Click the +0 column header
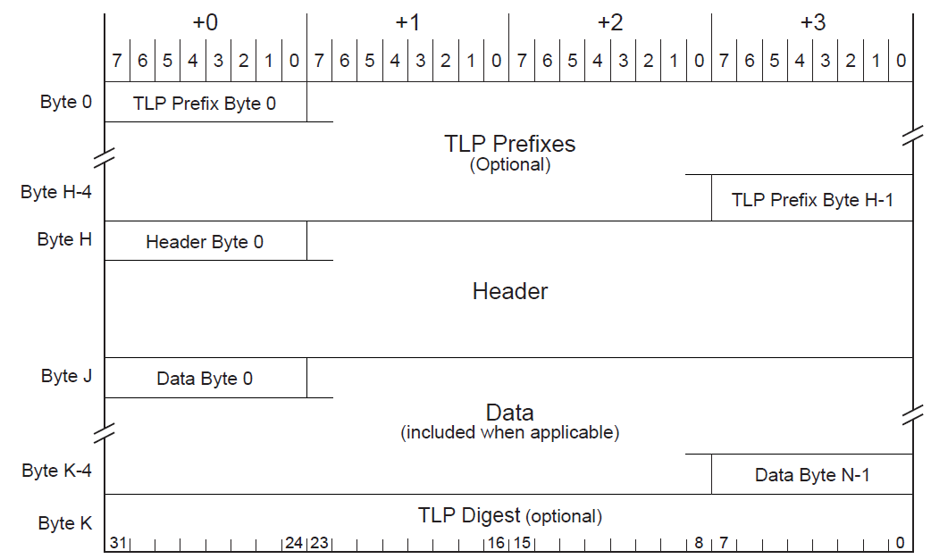(x=205, y=22)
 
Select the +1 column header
(x=407, y=22)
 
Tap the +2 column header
(x=610, y=22)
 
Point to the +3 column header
(x=812, y=22)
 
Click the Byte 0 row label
(x=66, y=102)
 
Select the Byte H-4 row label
(x=56, y=192)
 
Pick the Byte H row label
(x=64, y=239)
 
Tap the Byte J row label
(x=66, y=376)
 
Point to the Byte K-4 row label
(x=56, y=470)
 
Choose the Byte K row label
(x=65, y=523)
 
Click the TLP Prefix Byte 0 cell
(x=205, y=104)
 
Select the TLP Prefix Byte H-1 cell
(x=812, y=200)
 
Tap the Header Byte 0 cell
(x=205, y=242)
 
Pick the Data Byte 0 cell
(x=205, y=379)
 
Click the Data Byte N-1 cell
(x=812, y=475)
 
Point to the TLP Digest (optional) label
(x=509, y=516)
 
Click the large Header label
(x=509, y=291)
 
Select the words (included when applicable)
(x=509, y=433)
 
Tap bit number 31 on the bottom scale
(x=116, y=543)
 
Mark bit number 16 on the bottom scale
(x=496, y=543)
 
